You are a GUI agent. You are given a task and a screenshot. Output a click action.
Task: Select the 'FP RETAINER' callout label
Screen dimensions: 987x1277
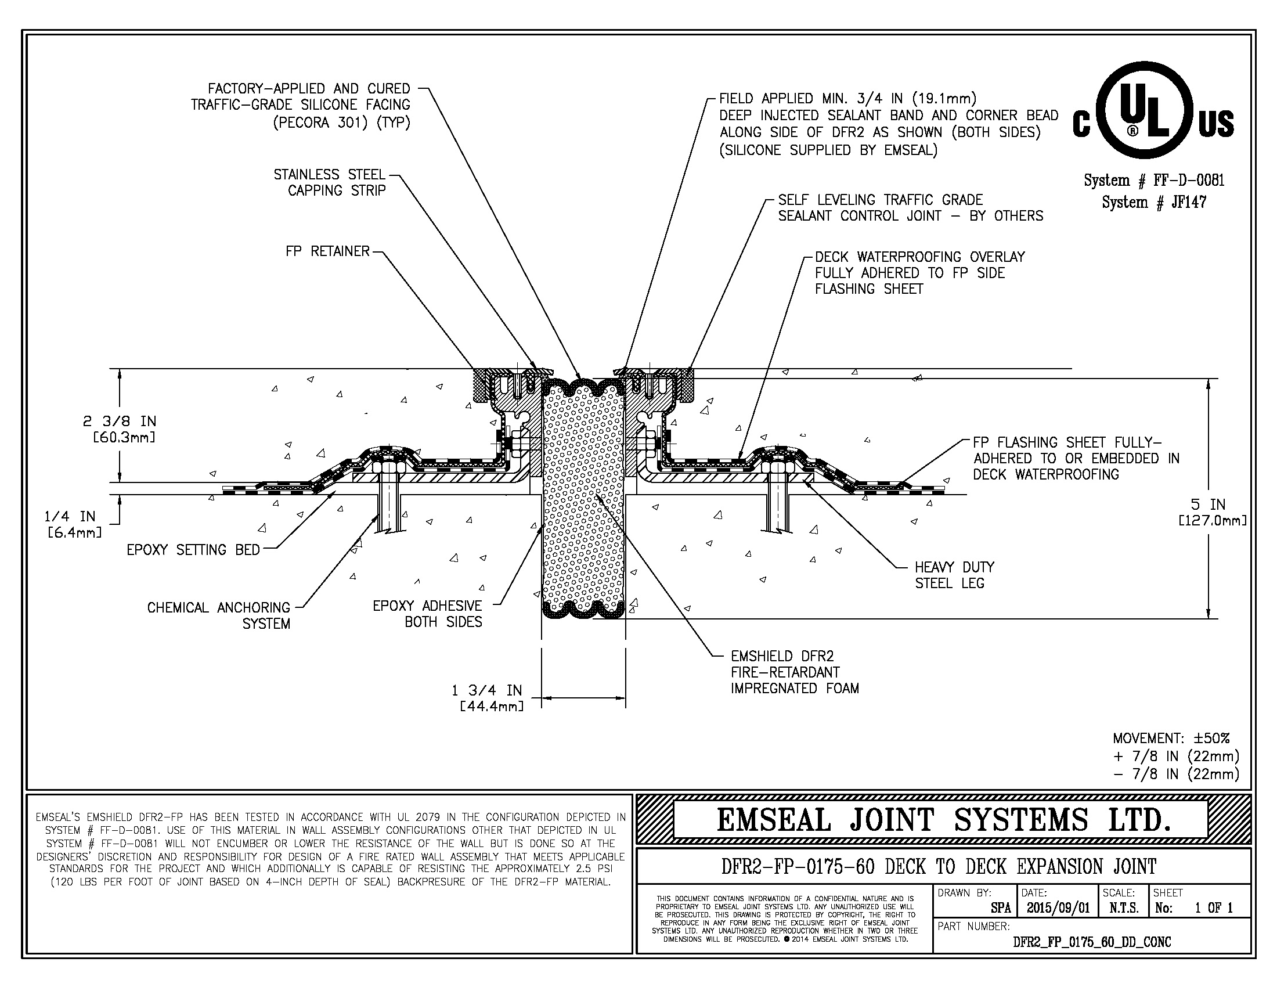tap(327, 251)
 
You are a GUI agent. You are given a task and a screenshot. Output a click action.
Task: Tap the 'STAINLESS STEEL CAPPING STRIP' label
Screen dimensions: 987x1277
tap(330, 182)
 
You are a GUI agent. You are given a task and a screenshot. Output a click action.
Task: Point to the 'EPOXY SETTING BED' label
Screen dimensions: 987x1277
tap(193, 550)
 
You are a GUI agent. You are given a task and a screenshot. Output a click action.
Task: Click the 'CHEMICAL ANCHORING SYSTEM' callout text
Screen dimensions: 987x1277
tap(219, 615)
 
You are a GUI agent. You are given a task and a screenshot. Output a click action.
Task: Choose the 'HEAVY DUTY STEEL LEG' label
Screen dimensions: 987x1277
tap(954, 575)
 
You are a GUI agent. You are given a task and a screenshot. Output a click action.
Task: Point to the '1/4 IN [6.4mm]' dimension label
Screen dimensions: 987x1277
tap(70, 524)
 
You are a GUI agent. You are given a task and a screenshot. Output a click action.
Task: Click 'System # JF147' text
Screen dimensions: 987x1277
tap(1153, 202)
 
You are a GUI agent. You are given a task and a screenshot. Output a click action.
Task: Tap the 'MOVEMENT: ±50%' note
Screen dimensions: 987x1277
tap(1171, 739)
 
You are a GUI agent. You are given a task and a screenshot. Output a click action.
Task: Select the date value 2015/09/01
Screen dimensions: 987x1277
tap(1058, 908)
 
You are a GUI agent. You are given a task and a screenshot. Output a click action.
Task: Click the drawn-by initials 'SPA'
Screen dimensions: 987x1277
tap(1001, 908)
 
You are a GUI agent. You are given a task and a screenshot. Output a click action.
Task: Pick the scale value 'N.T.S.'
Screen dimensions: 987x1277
tap(1124, 908)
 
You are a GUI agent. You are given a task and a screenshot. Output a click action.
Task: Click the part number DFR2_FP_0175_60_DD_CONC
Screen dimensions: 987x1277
tap(1092, 942)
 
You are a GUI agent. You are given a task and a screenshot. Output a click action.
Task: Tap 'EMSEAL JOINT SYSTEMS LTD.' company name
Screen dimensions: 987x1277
tap(944, 820)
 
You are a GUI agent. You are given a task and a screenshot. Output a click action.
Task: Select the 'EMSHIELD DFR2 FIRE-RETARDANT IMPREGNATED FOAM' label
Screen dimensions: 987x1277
tap(794, 672)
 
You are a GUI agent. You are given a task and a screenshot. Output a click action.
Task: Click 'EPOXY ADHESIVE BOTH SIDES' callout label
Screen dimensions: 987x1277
tap(427, 614)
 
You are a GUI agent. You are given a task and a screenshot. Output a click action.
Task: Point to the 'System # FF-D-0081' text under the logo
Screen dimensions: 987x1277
tap(1153, 180)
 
